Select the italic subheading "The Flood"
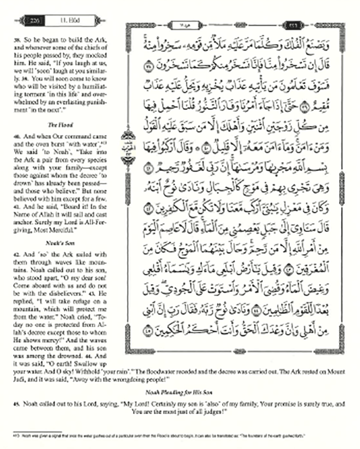58,110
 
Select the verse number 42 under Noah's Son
16,253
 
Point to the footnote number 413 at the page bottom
15,436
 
